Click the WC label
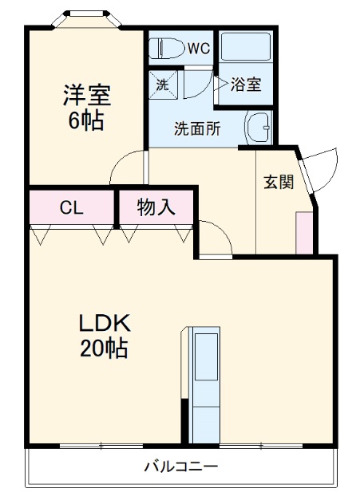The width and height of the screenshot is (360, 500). [x=199, y=49]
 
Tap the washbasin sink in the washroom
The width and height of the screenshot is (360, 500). [x=259, y=126]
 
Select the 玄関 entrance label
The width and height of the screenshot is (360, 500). [x=279, y=181]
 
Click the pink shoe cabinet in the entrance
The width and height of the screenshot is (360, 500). [x=304, y=232]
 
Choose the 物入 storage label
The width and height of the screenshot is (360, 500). [x=156, y=208]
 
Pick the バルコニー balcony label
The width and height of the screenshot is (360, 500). [x=180, y=466]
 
